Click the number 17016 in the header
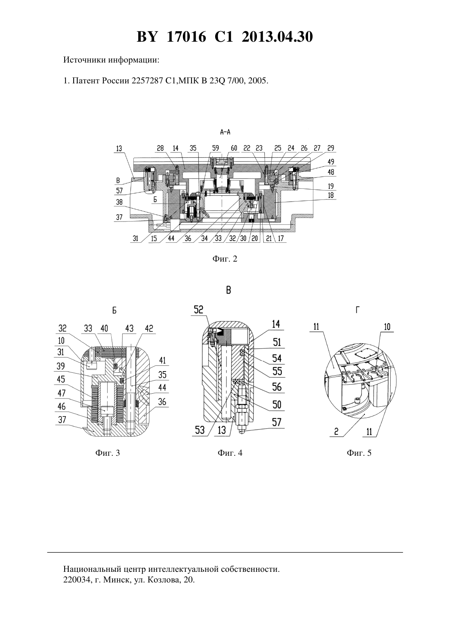point(186,37)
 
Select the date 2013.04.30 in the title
point(277,37)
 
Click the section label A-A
point(225,132)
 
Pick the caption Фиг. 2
point(225,259)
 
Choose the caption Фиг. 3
point(107,452)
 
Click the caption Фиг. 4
point(230,452)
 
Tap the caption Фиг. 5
point(359,452)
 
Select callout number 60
point(234,148)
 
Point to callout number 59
point(215,148)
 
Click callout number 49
point(331,161)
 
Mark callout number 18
point(331,195)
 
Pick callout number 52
point(198,309)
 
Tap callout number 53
point(200,430)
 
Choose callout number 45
point(61,379)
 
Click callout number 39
point(61,366)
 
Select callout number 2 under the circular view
point(336,432)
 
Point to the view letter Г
point(358,310)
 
